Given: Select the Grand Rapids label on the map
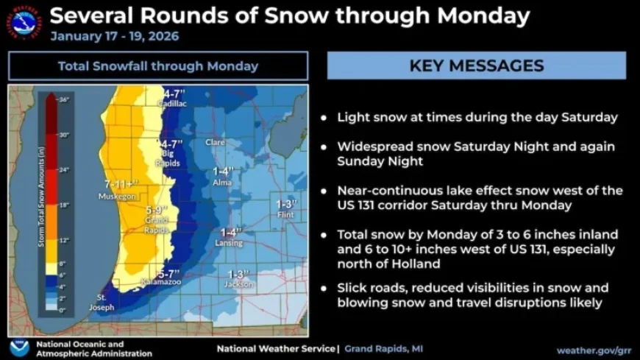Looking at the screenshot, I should (x=156, y=224).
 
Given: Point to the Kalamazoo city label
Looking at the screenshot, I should (x=161, y=282).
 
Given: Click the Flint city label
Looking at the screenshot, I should (x=285, y=215).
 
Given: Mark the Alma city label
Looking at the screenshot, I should (x=221, y=181).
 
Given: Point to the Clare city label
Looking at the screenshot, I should (x=215, y=142).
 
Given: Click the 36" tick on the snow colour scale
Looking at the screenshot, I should (x=63, y=99).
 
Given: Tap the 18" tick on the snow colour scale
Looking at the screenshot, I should (x=63, y=205).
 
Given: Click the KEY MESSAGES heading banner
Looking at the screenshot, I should (x=476, y=66).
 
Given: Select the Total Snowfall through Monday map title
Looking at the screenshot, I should (x=158, y=66).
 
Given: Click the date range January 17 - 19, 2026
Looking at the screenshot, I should (x=114, y=36).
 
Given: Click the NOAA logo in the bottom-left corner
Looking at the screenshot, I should (x=19, y=347).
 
